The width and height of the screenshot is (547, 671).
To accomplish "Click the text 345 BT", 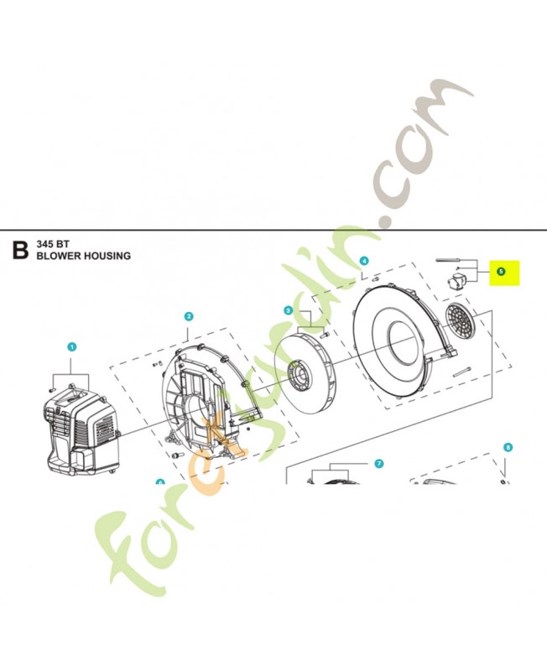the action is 54,244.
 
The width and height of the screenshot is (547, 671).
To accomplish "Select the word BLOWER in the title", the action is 59,256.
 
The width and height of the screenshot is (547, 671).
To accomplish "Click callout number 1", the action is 72,346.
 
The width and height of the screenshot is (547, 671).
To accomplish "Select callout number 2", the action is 189,316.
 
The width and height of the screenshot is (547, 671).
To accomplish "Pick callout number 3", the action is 288,310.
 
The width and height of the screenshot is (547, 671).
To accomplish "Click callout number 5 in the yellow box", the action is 500,272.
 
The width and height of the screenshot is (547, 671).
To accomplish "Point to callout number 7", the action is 378,463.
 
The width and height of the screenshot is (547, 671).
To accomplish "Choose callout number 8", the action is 508,448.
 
